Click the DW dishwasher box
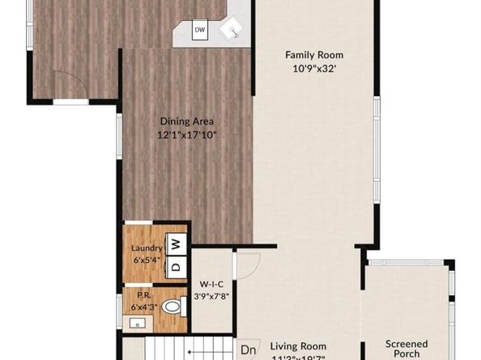(200, 31)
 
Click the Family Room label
(313, 55)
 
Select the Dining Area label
(186, 122)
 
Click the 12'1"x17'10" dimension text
(186, 135)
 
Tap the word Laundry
(147, 248)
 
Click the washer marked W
(177, 243)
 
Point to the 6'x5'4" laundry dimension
(147, 260)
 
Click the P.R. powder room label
(143, 296)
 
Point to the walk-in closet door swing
(247, 265)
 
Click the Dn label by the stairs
(249, 350)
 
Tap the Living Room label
(298, 344)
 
